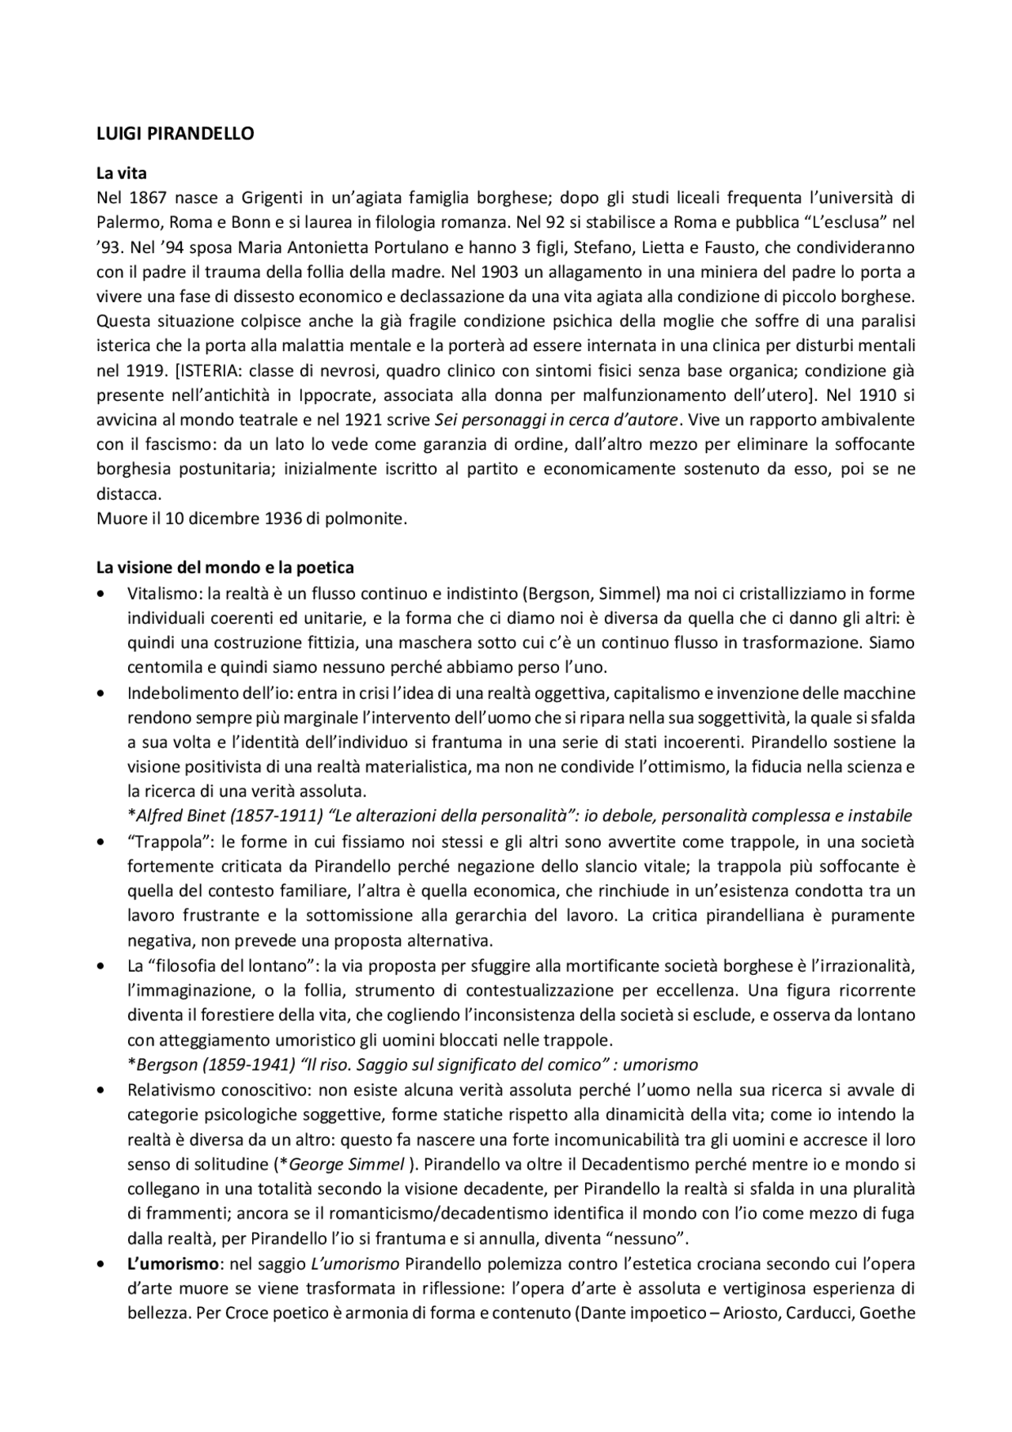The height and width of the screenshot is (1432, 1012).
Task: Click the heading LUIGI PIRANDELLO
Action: pyautogui.click(x=175, y=134)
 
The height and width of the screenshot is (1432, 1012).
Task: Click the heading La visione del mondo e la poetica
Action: pyautogui.click(x=225, y=568)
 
